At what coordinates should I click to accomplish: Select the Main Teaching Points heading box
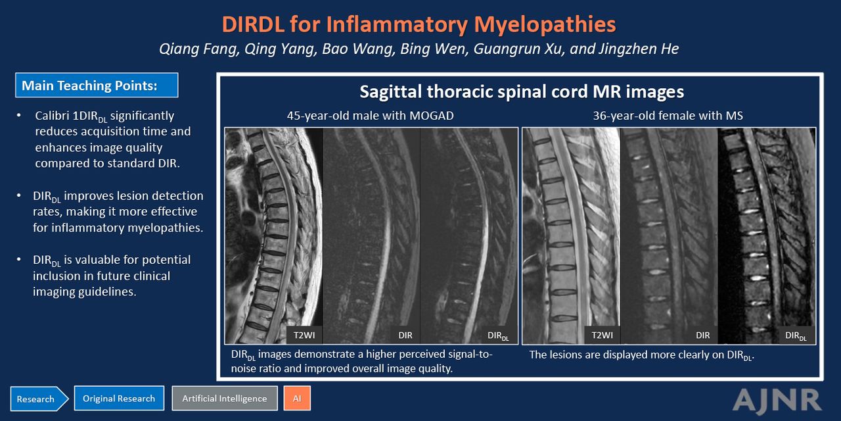pos(97,86)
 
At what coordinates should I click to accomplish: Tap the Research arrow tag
pos(39,399)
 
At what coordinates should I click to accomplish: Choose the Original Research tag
pos(119,398)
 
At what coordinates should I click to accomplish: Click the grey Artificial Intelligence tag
pos(225,398)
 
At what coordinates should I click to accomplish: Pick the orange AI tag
pos(297,398)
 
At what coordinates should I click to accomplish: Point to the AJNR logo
pos(777,401)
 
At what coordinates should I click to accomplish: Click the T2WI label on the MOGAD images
pos(304,335)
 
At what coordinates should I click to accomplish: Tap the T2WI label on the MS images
pos(602,335)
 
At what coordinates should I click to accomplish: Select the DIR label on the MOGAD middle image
pos(405,335)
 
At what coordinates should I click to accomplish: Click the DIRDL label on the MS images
pos(796,335)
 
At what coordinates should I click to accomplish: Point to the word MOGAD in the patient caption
pos(432,115)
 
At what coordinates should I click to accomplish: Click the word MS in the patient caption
pos(734,115)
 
